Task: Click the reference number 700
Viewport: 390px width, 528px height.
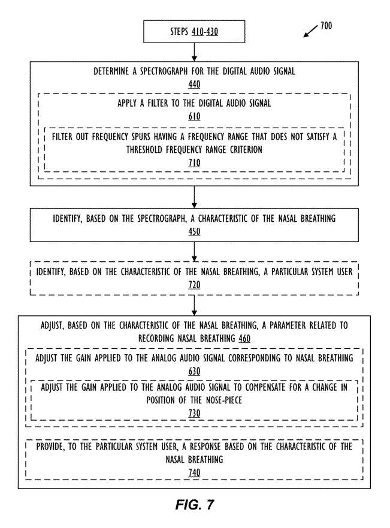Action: click(x=326, y=26)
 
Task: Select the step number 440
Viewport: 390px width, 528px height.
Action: click(x=194, y=84)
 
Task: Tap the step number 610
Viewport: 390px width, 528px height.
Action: click(x=194, y=116)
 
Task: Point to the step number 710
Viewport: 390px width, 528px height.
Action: click(x=194, y=162)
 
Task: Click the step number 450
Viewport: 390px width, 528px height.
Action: click(x=194, y=232)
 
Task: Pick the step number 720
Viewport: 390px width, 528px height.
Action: click(x=194, y=285)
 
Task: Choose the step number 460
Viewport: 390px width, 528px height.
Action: click(x=244, y=338)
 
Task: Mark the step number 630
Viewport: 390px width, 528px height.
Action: click(x=194, y=371)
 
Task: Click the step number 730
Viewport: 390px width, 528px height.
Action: click(x=194, y=413)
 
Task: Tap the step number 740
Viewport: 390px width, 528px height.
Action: click(x=194, y=472)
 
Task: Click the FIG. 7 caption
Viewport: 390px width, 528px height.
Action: click(x=195, y=505)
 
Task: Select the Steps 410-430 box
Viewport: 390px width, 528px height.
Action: click(x=194, y=32)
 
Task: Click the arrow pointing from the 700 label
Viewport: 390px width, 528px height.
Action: click(x=310, y=31)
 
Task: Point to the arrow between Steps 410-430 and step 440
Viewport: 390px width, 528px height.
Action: click(x=194, y=52)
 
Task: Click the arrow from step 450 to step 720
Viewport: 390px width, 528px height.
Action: click(x=194, y=252)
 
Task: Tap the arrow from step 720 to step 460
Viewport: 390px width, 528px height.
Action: click(x=194, y=306)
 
